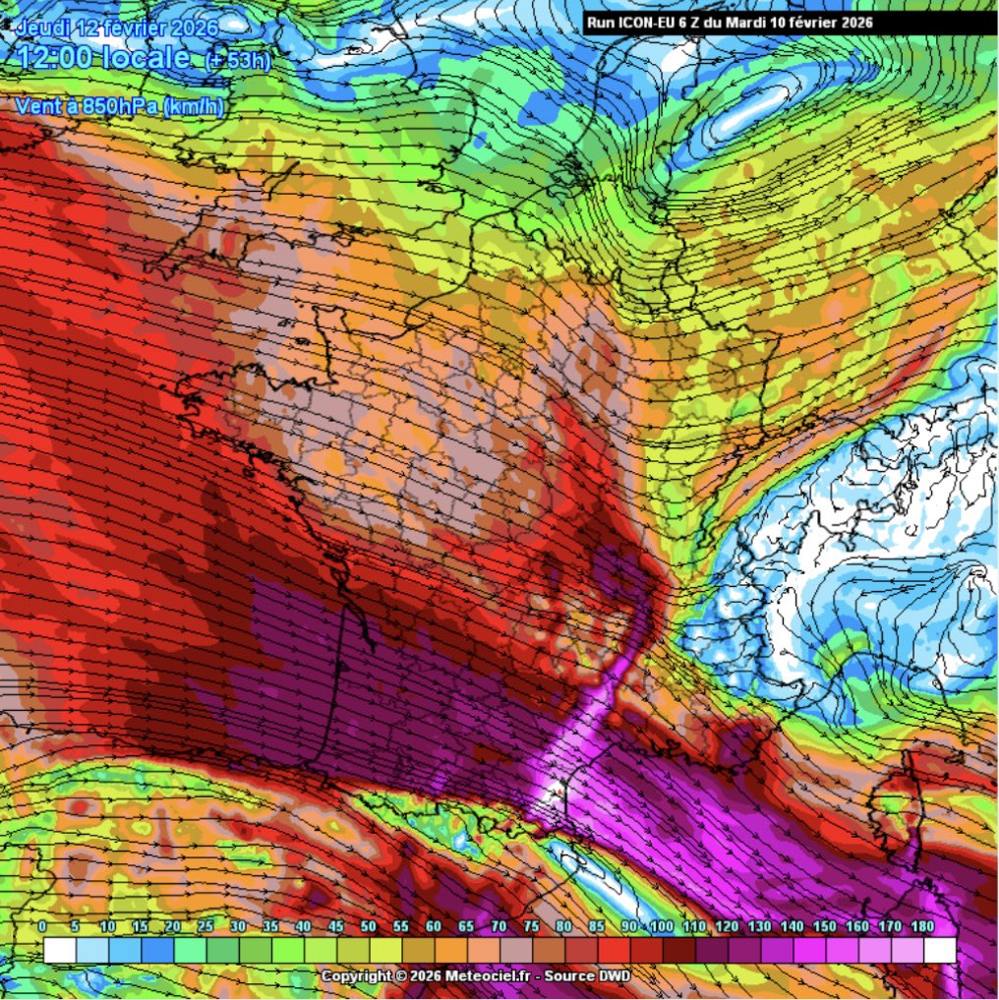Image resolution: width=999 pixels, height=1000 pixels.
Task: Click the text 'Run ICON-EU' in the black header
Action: [631, 23]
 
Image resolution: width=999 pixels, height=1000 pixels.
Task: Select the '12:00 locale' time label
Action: [104, 57]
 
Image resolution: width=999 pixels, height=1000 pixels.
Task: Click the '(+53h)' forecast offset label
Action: [237, 61]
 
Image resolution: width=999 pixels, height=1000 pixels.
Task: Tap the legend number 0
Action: [42, 927]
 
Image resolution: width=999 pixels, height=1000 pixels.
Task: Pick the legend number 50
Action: [369, 927]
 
